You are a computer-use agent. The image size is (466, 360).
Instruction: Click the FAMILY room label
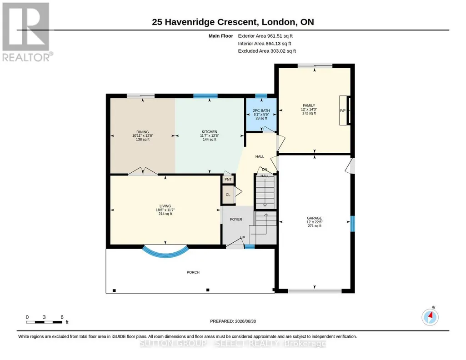pyautogui.click(x=309, y=105)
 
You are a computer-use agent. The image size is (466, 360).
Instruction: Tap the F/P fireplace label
pyautogui.click(x=343, y=110)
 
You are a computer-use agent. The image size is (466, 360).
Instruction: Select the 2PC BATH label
pyautogui.click(x=261, y=110)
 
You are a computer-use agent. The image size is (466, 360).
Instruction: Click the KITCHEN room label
pyautogui.click(x=210, y=131)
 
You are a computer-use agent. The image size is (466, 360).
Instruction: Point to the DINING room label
pyautogui.click(x=143, y=132)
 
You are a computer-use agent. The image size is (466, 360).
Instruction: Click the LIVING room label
pyautogui.click(x=165, y=206)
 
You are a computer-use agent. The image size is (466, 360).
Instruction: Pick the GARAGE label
pyautogui.click(x=315, y=218)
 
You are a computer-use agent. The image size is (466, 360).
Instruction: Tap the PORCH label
pyautogui.click(x=193, y=272)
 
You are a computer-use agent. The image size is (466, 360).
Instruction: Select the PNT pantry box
pyautogui.click(x=228, y=180)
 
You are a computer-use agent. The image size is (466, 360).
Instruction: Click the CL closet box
pyautogui.click(x=228, y=195)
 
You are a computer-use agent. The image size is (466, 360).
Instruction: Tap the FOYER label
pyautogui.click(x=236, y=219)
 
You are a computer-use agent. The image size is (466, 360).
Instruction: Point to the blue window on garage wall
pyautogui.click(x=352, y=224)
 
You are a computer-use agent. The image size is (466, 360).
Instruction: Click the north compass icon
pyautogui.click(x=430, y=317)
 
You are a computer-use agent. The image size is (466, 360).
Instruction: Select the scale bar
pyautogui.click(x=44, y=322)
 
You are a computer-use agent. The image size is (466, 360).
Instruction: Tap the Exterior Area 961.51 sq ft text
pyautogui.click(x=266, y=36)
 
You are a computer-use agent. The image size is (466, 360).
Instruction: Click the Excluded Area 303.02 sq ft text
pyautogui.click(x=267, y=51)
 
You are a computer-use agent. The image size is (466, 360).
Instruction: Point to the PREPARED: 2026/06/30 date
pyautogui.click(x=233, y=321)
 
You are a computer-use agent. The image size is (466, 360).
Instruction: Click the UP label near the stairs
pyautogui.click(x=242, y=238)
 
